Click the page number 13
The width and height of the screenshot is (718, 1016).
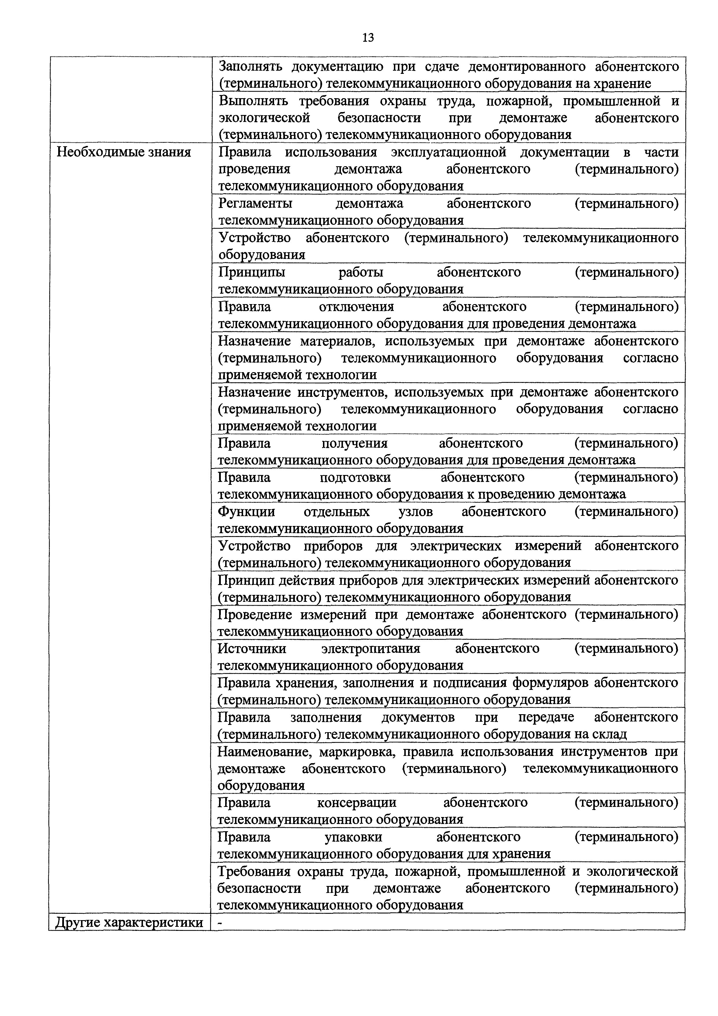(x=368, y=38)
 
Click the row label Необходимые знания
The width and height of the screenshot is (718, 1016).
(x=124, y=152)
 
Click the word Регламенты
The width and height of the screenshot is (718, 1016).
(x=255, y=204)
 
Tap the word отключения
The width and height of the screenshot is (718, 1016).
(x=356, y=307)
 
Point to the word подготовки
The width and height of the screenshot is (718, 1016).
(x=355, y=478)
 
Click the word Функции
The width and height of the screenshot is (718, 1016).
(x=246, y=512)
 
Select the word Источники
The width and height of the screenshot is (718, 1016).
(x=252, y=649)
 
